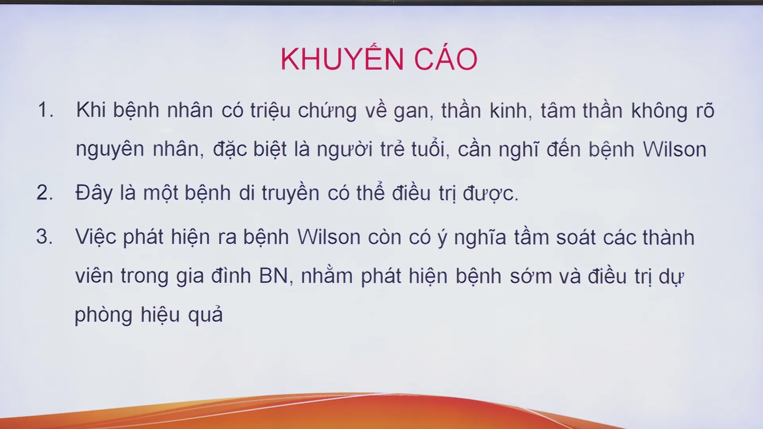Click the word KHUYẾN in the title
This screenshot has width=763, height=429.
tap(342, 58)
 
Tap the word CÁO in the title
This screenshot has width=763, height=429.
tap(445, 58)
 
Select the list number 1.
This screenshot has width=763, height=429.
tap(45, 110)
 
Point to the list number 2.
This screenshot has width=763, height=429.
tap(45, 193)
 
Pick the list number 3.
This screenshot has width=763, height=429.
tap(45, 236)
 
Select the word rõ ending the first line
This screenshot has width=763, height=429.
tap(705, 110)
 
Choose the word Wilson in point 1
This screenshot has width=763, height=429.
tap(674, 149)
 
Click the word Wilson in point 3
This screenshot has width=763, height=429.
tap(329, 237)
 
